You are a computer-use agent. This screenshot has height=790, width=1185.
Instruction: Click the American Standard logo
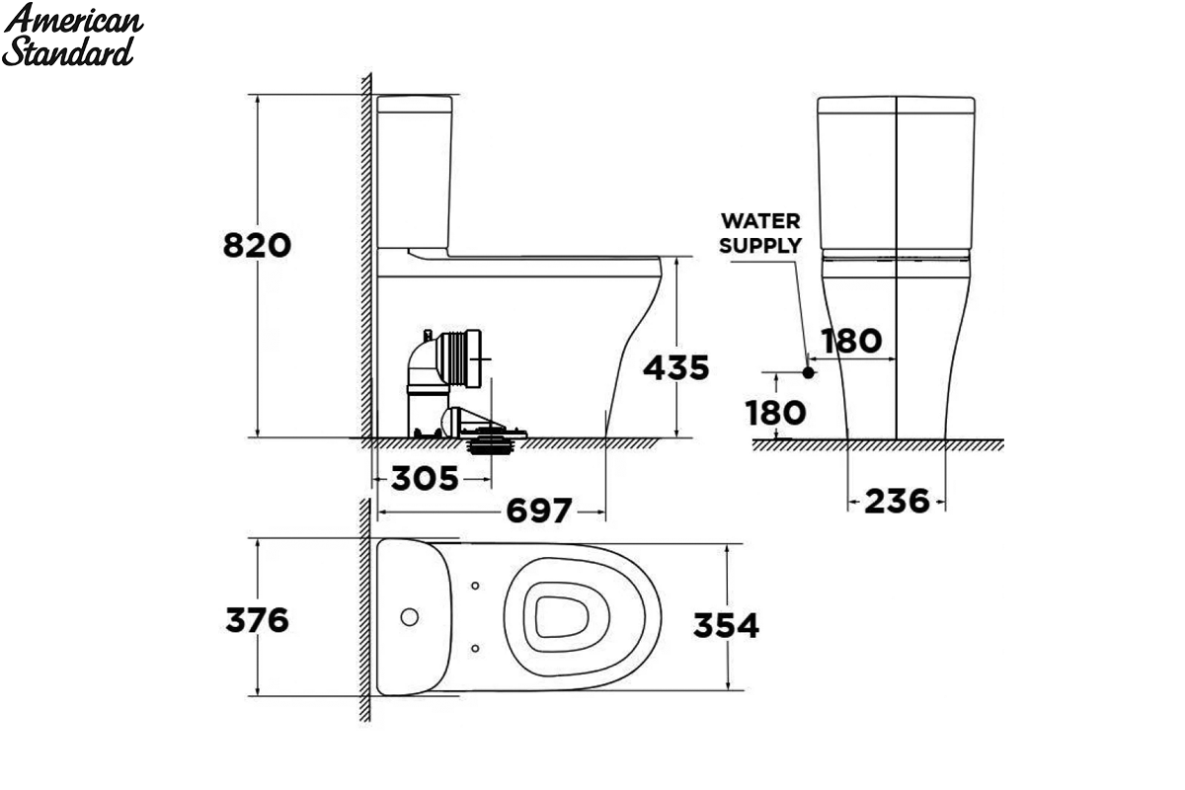72,35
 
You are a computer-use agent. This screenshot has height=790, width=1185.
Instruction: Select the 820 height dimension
257,246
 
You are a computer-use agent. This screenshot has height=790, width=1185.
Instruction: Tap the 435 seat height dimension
676,367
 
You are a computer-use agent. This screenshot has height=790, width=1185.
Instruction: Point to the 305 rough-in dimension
425,479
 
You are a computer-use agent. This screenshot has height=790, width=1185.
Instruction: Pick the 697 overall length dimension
539,511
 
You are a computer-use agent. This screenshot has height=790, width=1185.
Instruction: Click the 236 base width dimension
898,501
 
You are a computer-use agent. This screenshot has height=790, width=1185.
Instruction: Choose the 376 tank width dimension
257,620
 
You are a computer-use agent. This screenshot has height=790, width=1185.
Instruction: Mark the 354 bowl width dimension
727,625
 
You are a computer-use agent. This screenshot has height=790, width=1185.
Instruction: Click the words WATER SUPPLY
760,233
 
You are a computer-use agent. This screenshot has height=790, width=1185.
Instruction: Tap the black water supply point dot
808,372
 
